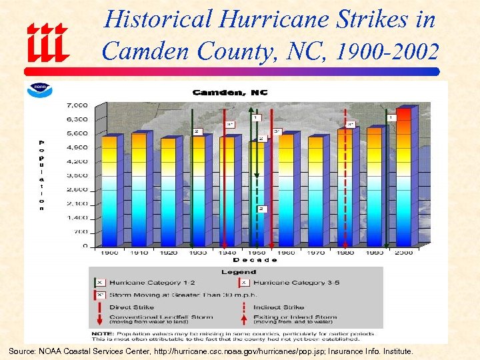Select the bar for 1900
coord(109,190)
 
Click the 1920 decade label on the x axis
coord(168,253)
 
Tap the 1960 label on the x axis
coord(286,253)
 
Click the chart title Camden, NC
coord(229,92)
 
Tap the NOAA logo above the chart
coord(39,91)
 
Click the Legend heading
coord(239,272)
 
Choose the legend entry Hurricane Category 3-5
coord(297,283)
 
